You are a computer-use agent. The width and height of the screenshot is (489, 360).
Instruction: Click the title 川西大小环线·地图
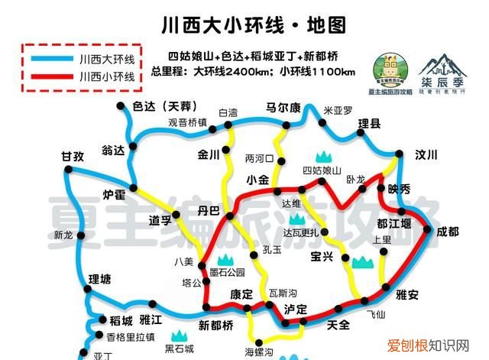tap(244, 26)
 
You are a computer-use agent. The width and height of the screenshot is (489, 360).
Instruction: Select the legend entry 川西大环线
tap(106, 58)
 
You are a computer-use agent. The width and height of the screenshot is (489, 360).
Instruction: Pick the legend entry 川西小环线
tap(106, 76)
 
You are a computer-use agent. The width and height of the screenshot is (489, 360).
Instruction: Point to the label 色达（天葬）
tap(165, 107)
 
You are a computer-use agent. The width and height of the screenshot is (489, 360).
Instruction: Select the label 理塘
tap(100, 278)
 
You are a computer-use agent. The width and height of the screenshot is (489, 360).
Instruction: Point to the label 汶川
tap(426, 155)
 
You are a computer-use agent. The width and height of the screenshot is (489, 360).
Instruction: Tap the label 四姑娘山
tap(322, 170)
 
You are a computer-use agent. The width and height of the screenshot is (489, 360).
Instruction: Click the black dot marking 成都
tap(428, 229)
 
